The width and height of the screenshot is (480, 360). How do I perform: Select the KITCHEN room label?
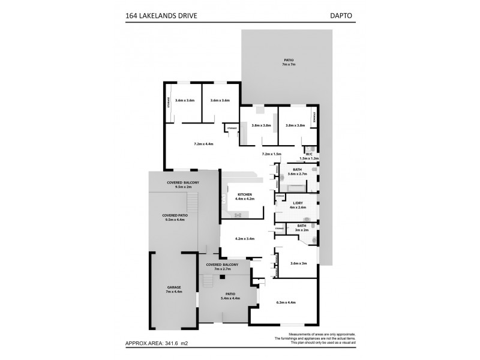(244, 195)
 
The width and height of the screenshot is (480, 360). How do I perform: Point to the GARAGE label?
(174, 289)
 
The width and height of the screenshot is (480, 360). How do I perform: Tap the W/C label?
(310, 154)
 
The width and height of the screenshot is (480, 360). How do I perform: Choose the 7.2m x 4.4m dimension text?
(203, 144)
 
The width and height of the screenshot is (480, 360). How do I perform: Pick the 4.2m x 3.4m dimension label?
(244, 239)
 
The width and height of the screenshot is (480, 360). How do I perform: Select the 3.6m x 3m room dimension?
(298, 263)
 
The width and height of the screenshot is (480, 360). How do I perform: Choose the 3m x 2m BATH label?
(301, 228)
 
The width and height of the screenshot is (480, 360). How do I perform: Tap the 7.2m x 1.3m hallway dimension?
(272, 154)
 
